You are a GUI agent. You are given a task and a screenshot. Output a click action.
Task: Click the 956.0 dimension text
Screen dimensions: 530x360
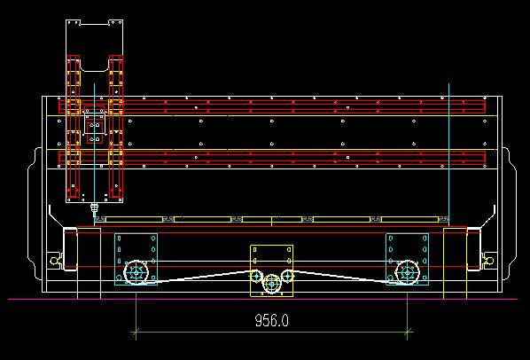tap(272, 320)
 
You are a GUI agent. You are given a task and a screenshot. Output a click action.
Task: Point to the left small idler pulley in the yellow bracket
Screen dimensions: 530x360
tap(256, 276)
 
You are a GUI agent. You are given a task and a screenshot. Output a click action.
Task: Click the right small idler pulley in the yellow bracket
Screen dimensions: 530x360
tap(288, 276)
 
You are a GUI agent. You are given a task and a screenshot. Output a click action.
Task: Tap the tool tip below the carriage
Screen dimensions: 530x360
tap(94, 215)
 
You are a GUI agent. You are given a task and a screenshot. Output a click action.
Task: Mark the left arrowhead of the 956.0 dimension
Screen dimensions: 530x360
tap(136, 332)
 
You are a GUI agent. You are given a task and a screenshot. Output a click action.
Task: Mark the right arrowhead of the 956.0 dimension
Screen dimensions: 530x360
tap(408, 332)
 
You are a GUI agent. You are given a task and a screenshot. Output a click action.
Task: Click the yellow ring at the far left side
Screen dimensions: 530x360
tap(54, 261)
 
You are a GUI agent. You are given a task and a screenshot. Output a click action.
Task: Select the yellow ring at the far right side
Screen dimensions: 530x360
tap(489, 261)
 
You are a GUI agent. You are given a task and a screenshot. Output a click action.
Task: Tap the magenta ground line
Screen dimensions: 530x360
tap(263, 299)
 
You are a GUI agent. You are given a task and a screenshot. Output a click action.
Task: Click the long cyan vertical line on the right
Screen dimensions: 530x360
tap(448, 153)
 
